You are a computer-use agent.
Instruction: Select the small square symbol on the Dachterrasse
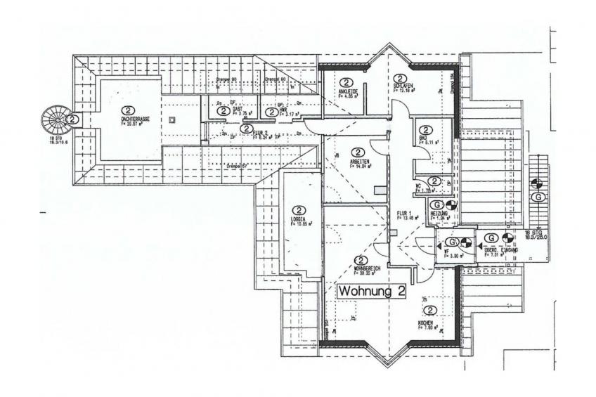(x=172, y=120)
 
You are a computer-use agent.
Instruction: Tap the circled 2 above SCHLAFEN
(x=400, y=79)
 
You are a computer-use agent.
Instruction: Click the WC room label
(x=419, y=187)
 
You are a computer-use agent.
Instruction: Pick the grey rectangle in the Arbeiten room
(x=380, y=190)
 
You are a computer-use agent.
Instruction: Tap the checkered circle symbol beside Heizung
(x=451, y=206)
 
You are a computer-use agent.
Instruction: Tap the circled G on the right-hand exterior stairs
(x=536, y=198)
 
